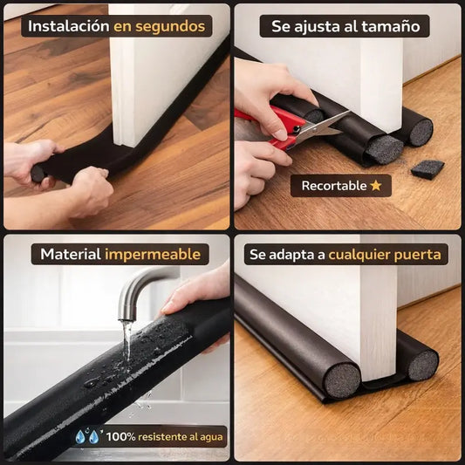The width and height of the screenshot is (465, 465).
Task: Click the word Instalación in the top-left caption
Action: point(68,26)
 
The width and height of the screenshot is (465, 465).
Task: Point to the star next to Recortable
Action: point(376,186)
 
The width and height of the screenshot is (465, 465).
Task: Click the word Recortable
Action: point(334,186)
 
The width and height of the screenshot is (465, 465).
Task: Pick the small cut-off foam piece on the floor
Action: point(427,168)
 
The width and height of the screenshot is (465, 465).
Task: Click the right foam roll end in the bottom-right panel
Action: point(422,365)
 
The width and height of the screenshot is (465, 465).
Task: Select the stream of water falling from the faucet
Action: point(127,345)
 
